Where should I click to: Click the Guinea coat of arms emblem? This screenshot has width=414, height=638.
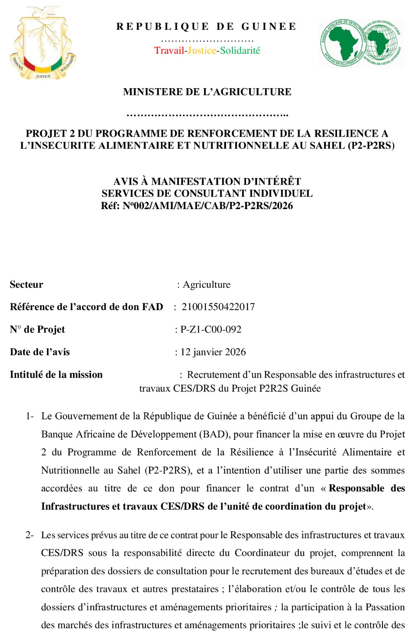[43, 43]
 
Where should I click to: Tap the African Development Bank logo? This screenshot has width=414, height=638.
[361, 43]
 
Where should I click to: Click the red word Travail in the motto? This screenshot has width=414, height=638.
[169, 51]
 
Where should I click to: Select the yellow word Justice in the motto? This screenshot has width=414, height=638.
[202, 51]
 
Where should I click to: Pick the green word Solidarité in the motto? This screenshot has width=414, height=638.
[240, 51]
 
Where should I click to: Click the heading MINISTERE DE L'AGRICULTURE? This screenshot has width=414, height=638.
[207, 92]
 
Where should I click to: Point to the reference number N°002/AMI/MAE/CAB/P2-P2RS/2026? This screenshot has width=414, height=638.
[208, 206]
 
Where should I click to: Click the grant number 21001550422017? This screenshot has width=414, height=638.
[218, 307]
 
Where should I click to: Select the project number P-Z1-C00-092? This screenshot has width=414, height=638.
[211, 330]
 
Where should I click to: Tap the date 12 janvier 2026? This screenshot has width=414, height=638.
[213, 352]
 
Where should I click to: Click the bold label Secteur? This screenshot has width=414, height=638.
[26, 284]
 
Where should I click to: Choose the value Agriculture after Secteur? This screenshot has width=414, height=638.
[207, 284]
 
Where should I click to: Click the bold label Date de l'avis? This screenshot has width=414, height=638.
[40, 352]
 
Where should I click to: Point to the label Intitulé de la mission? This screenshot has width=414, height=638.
[56, 375]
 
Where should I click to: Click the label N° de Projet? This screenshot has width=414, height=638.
[37, 330]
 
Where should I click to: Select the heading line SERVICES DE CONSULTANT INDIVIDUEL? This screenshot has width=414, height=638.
[207, 193]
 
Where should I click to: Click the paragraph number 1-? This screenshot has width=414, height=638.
[29, 416]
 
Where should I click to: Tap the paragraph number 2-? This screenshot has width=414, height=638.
[29, 535]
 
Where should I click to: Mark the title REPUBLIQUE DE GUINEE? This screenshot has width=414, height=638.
[207, 26]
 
